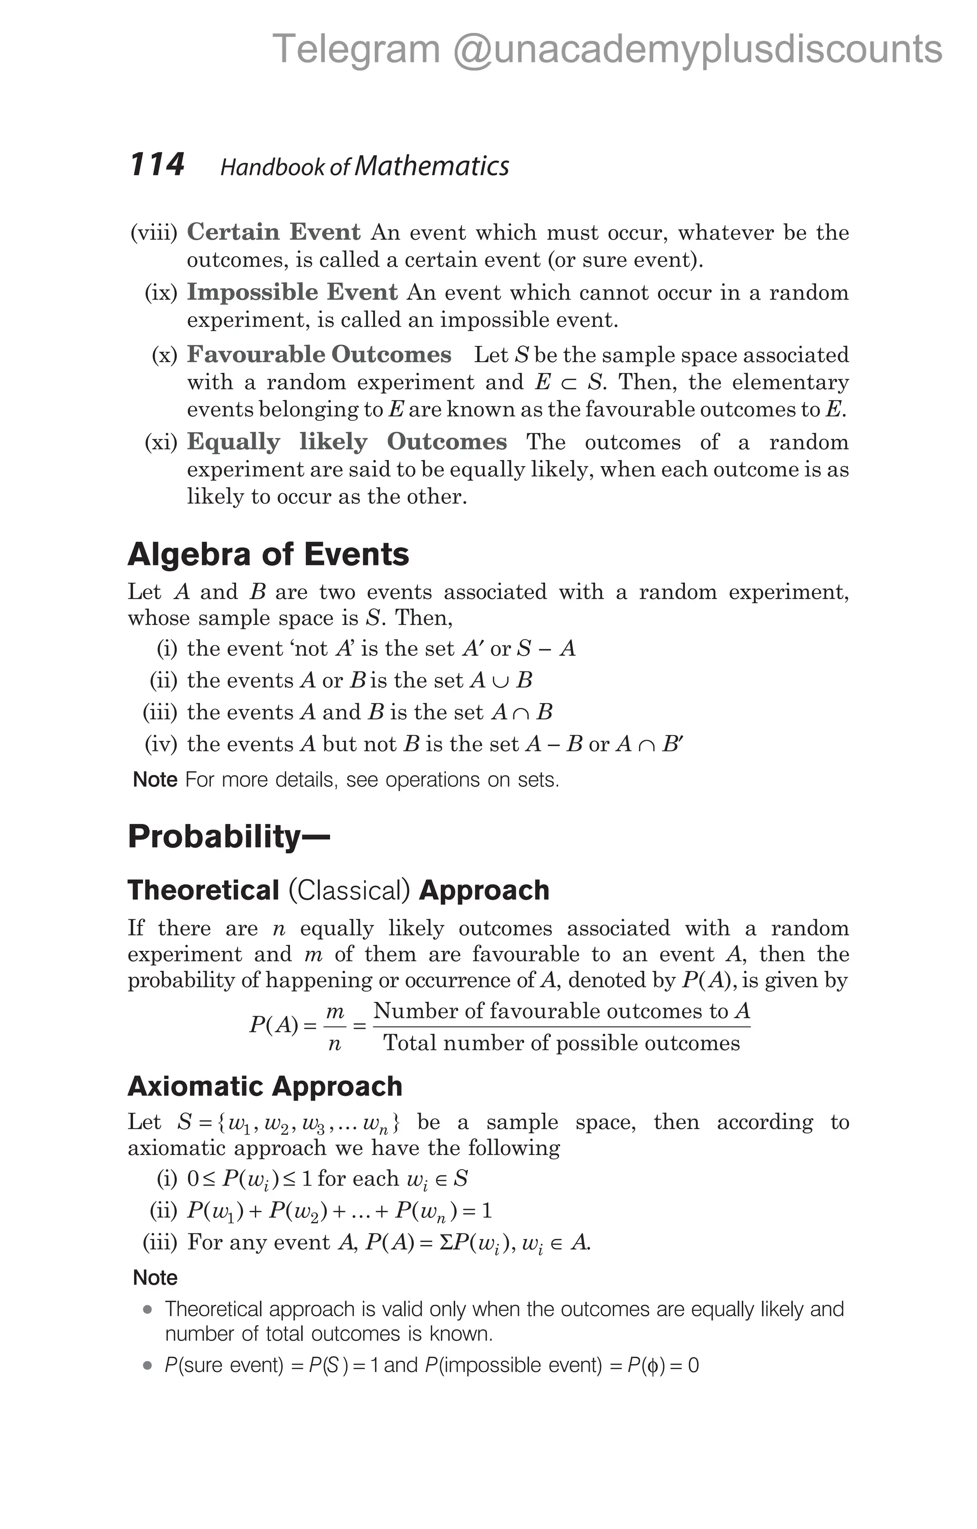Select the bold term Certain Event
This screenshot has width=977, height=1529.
[x=274, y=232]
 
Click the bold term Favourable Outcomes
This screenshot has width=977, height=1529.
[x=319, y=354]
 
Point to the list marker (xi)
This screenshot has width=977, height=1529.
[x=161, y=442]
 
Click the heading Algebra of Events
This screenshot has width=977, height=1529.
[x=268, y=554]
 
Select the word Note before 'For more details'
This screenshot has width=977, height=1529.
[x=155, y=780]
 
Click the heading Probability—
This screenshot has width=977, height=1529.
[x=229, y=836]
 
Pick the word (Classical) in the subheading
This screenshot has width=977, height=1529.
[x=349, y=890]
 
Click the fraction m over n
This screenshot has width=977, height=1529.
[x=334, y=1027]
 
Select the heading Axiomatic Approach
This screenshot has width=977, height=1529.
[x=265, y=1086]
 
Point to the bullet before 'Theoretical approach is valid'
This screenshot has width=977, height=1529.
[x=148, y=1309]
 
